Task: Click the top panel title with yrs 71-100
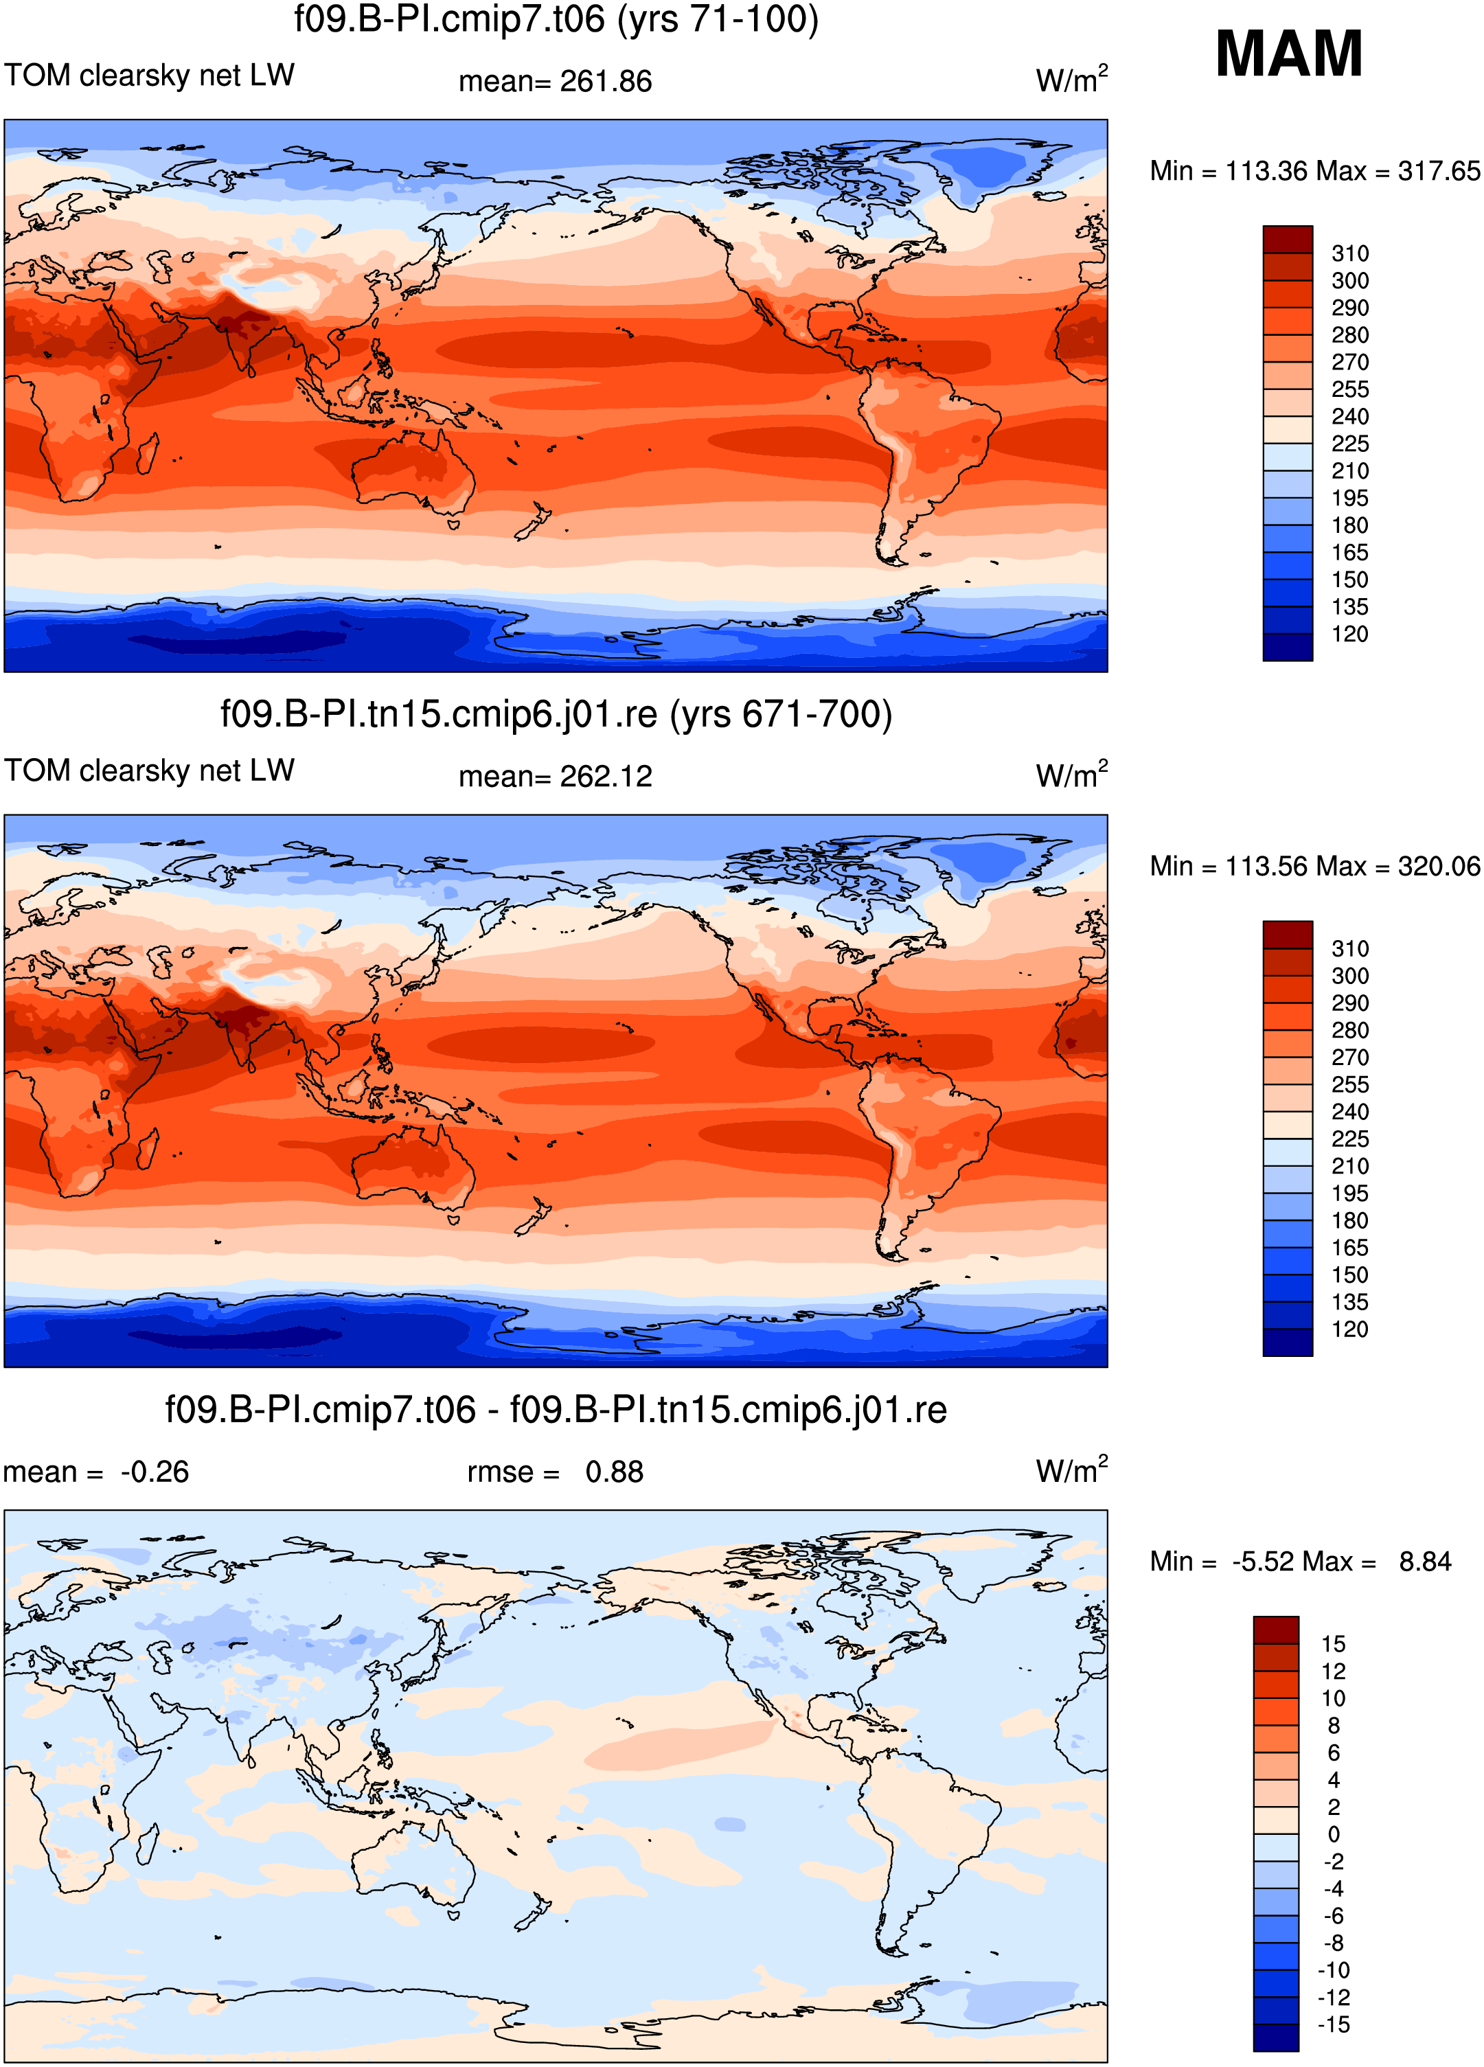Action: [556, 19]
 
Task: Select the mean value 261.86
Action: [606, 81]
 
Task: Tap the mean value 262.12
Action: [606, 777]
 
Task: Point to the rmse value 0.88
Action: [615, 1472]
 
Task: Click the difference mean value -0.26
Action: [155, 1472]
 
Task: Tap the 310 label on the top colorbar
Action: [1350, 253]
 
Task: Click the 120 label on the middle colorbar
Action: [1350, 1329]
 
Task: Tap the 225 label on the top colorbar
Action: [1350, 444]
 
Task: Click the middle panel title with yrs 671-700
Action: [556, 714]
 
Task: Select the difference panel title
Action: [556, 1410]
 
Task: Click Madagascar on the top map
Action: [148, 453]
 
